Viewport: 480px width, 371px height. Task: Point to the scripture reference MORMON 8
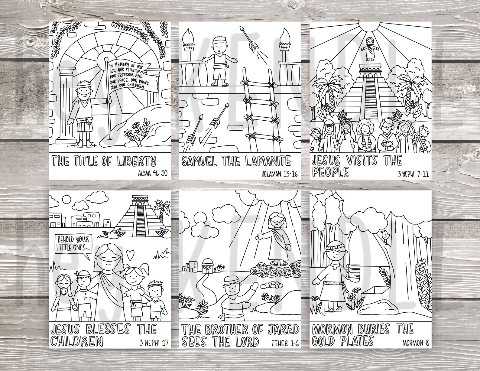(x=415, y=343)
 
